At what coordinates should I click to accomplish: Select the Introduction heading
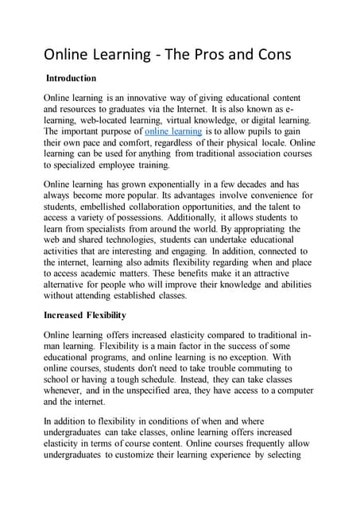[71, 79]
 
